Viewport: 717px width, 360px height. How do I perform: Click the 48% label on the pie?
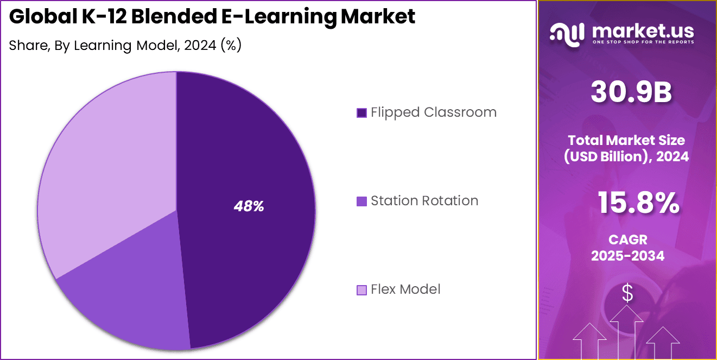coord(249,206)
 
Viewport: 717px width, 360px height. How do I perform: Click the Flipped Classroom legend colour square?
coord(361,113)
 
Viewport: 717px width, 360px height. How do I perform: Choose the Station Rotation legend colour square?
coord(361,201)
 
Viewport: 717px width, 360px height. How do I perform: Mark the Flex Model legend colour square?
coord(361,290)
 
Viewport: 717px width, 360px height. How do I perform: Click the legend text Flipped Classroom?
coord(434,112)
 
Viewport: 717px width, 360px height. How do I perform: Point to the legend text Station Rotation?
coord(424,201)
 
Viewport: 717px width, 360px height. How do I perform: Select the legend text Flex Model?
coord(405,289)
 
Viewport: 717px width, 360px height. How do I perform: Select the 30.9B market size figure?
coord(631,93)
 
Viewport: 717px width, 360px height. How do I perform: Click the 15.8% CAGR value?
coord(638,204)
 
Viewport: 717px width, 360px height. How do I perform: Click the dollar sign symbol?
coord(627,294)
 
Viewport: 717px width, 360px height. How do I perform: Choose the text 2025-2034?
coord(627,256)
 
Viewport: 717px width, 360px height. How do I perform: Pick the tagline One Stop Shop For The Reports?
coord(643,42)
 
